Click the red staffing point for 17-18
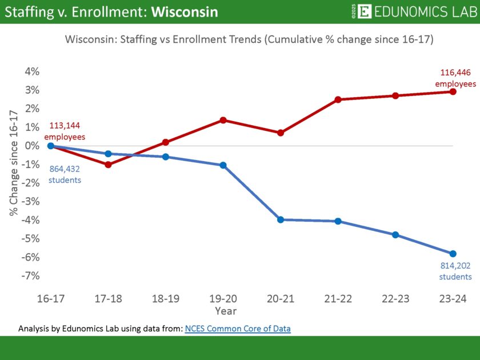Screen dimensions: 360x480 click(108, 165)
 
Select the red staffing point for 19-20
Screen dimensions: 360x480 click(223, 120)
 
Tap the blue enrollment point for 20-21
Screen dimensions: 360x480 click(281, 219)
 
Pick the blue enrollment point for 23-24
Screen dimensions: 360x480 click(453, 254)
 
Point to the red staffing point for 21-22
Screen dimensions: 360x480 click(338, 99)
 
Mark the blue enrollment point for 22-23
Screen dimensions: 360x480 click(395, 235)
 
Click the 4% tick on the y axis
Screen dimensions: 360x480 click(31, 71)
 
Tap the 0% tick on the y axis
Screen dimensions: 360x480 click(31, 146)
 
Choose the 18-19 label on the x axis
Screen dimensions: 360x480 click(165, 299)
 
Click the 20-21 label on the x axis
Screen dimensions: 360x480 click(280, 299)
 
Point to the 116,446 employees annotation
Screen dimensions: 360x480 click(455, 78)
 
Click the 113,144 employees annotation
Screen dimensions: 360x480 click(65, 132)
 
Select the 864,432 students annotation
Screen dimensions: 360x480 click(64, 174)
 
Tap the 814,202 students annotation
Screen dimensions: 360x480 click(455, 271)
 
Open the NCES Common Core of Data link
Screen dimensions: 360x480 click(238, 329)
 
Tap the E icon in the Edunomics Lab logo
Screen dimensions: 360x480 click(366, 11)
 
